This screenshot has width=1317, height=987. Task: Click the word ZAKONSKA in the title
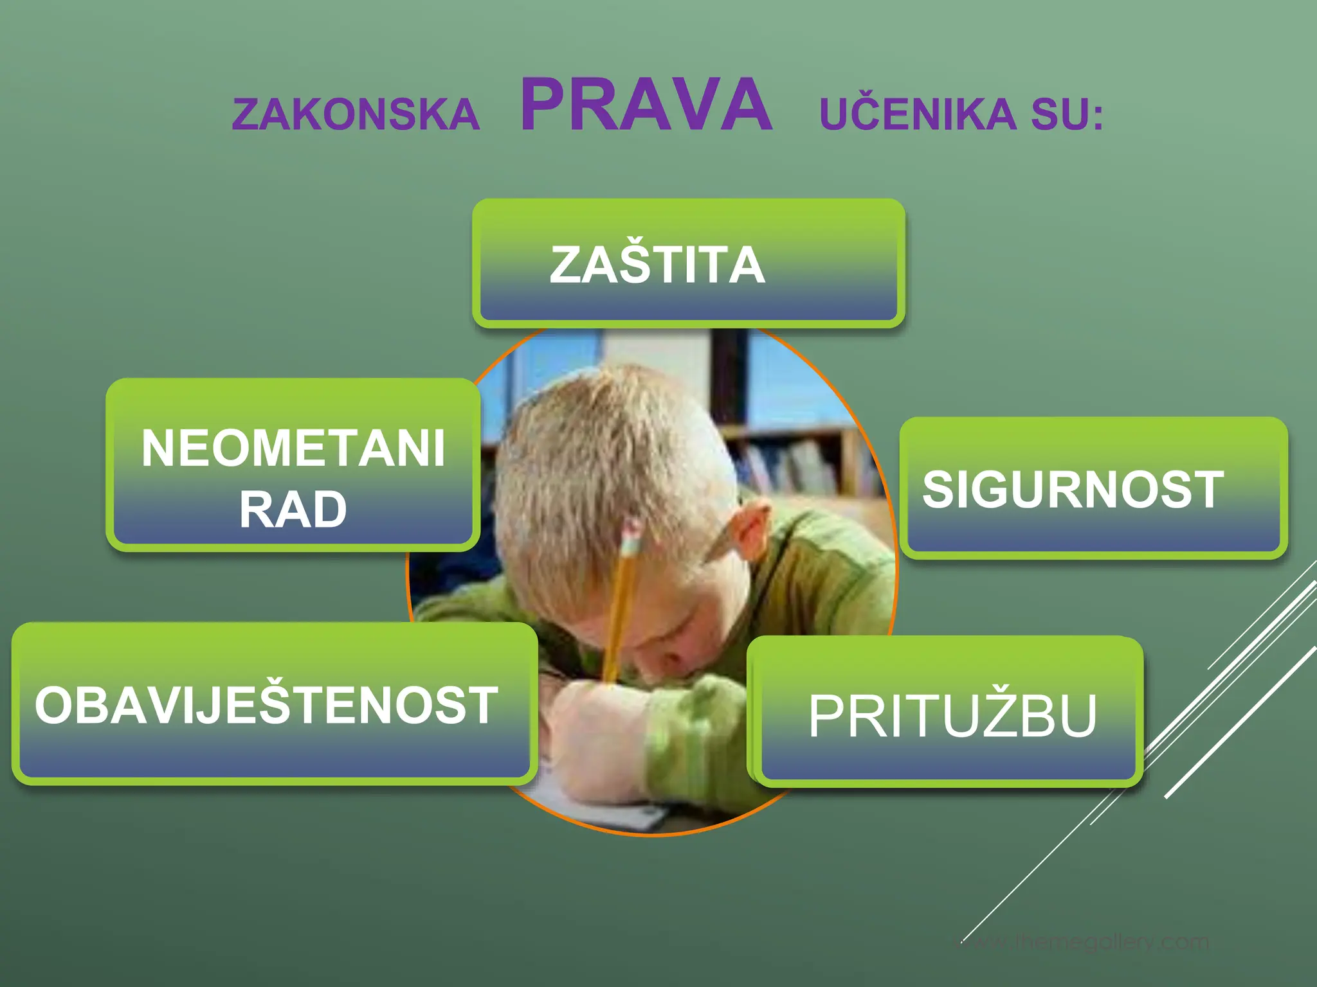(x=356, y=115)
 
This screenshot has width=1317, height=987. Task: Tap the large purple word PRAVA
(x=646, y=105)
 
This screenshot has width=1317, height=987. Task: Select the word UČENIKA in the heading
(x=918, y=115)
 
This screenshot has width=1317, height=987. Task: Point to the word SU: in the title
(x=1067, y=115)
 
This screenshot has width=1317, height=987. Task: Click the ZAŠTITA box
(x=688, y=263)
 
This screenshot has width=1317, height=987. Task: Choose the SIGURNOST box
(x=1093, y=488)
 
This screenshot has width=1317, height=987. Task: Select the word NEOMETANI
(x=293, y=449)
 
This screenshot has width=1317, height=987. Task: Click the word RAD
(x=293, y=510)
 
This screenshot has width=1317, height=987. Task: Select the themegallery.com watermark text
(x=1087, y=943)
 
